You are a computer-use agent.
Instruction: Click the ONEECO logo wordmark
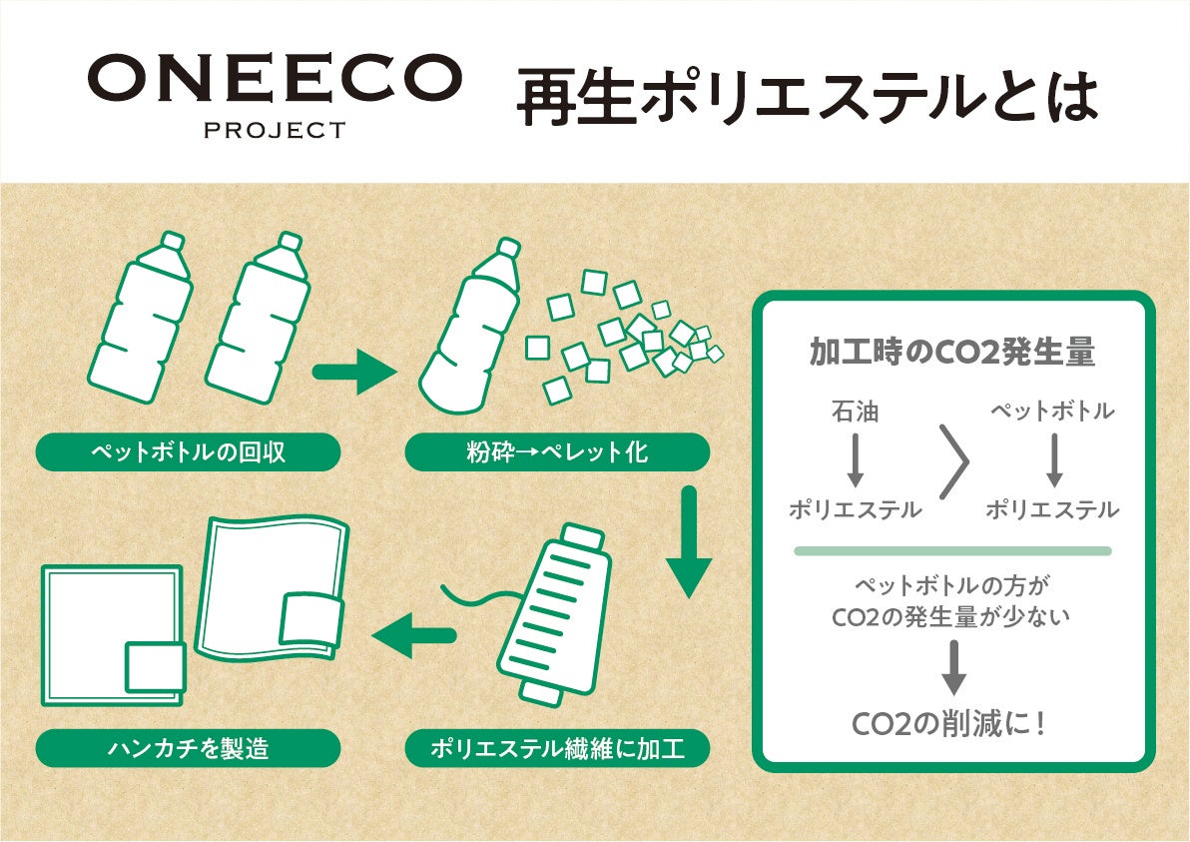coord(275,79)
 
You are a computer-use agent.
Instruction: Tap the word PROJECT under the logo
coord(275,130)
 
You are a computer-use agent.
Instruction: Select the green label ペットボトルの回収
coord(188,452)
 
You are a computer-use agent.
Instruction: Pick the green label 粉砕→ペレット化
coord(557,452)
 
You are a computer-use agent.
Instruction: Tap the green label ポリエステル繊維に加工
coord(557,748)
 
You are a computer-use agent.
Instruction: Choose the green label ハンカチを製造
coord(188,748)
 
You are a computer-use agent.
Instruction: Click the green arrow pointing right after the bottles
coord(354,373)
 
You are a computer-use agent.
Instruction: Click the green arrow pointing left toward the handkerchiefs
coord(411,634)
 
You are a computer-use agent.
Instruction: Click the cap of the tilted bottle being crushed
coord(507,249)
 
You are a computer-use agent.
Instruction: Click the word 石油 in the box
coord(855,411)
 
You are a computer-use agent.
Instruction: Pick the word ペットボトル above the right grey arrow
coord(1052,411)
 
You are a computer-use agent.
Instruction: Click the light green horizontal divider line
coord(952,550)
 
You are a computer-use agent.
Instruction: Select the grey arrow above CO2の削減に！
coord(953,667)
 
